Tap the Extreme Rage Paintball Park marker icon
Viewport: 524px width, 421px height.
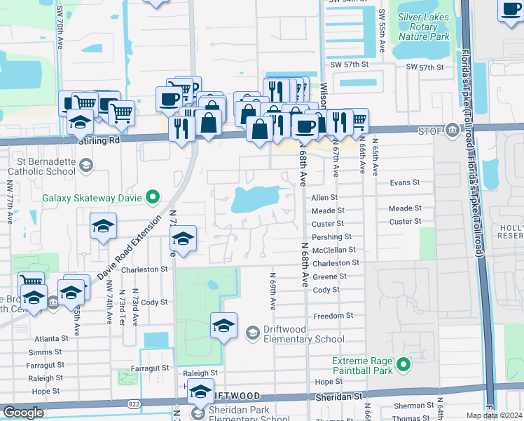[403, 364]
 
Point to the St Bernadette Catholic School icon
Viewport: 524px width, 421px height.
[85, 166]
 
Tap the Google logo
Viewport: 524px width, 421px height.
[23, 413]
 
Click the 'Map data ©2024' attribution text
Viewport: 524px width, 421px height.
[495, 415]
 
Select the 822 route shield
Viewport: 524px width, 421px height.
[134, 404]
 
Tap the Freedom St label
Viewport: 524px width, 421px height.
[333, 316]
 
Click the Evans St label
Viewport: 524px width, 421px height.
[404, 182]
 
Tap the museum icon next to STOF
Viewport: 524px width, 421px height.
[454, 129]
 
